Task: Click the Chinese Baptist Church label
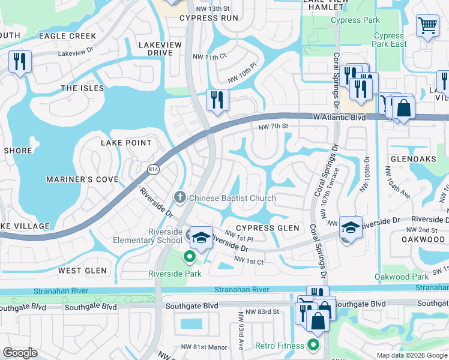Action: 232,198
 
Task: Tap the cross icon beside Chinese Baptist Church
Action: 179,197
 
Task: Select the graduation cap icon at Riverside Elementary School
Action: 202,237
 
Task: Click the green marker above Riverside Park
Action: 190,258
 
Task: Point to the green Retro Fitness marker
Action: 312,345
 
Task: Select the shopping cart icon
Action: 427,25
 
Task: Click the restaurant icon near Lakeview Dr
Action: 20,61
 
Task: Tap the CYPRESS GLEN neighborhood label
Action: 267,228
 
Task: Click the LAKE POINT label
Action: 126,143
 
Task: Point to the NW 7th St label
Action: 274,126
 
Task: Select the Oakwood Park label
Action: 401,277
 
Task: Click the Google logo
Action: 20,353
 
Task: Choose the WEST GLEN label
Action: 82,271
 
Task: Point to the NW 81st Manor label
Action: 200,347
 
